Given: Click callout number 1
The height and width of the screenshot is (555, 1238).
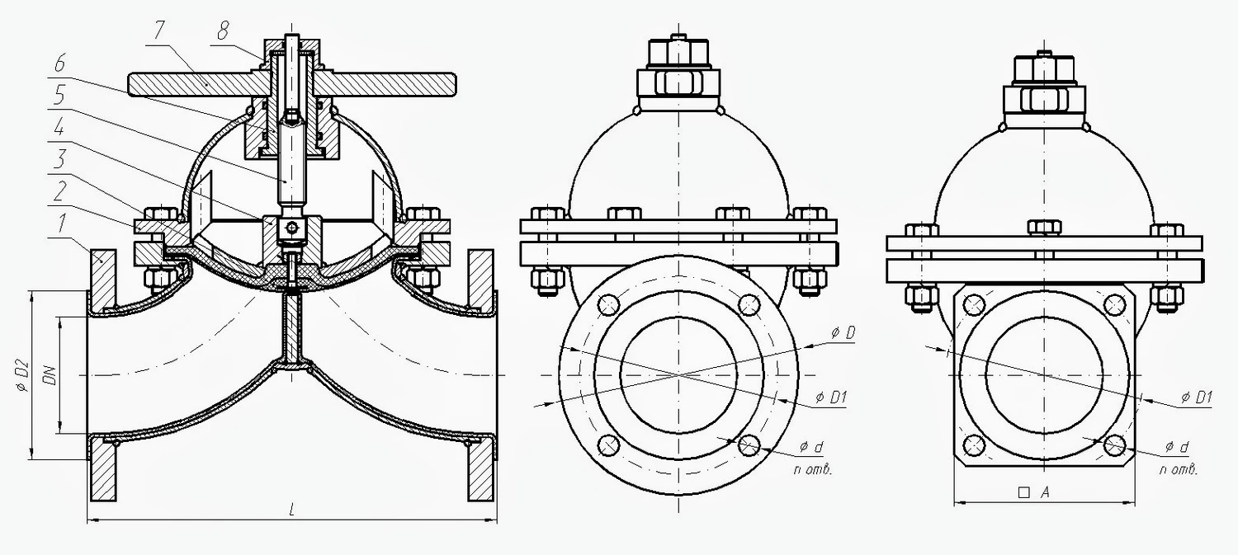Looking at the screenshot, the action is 61,224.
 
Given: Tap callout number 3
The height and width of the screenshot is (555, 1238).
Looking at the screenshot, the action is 61,159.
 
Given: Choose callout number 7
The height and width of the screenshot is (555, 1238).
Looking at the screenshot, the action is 158,31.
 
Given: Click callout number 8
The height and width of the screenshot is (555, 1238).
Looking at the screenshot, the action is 222,31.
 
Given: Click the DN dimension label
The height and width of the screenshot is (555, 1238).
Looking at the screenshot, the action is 51,375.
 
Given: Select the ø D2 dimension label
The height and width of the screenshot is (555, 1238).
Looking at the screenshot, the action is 21,375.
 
